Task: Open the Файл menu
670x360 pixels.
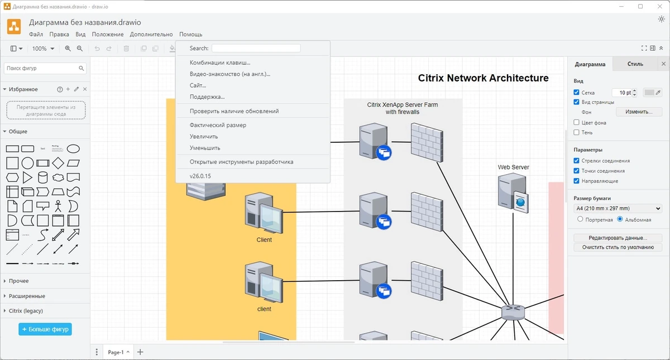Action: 36,35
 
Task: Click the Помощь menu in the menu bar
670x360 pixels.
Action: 190,35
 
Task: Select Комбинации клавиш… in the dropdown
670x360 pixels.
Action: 220,63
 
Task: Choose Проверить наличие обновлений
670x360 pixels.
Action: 234,111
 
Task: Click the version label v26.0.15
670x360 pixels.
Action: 200,176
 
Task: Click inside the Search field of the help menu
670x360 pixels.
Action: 256,48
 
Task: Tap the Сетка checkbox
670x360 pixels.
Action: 576,92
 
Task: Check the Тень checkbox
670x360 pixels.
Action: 576,132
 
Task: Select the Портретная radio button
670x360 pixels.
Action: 580,219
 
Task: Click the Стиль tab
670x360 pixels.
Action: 635,64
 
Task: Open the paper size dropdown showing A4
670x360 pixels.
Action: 618,208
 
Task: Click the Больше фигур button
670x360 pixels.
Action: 45,329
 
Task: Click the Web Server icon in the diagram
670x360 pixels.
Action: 513,193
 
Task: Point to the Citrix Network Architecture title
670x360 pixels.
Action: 483,78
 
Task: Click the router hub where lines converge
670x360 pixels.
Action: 513,312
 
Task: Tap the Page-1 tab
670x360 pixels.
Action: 118,352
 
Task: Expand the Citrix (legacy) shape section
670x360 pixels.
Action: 26,311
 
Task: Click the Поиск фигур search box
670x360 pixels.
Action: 42,68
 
